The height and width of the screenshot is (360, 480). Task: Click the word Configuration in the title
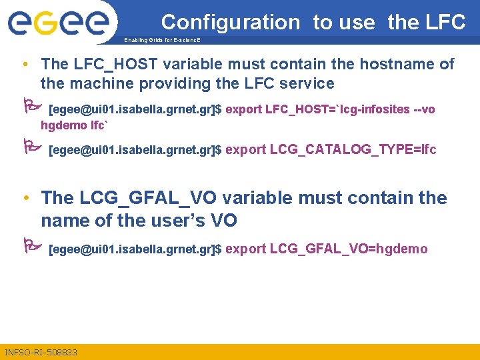tap(230, 22)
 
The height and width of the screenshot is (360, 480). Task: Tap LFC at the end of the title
tap(444, 22)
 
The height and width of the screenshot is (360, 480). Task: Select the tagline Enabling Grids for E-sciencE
tap(162, 41)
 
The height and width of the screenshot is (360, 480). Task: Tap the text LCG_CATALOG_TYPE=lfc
tap(353, 149)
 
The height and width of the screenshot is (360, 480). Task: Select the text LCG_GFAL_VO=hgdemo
tap(348, 249)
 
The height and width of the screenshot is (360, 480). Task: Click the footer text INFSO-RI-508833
tap(41, 352)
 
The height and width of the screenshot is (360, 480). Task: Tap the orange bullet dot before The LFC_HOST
tap(24, 65)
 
